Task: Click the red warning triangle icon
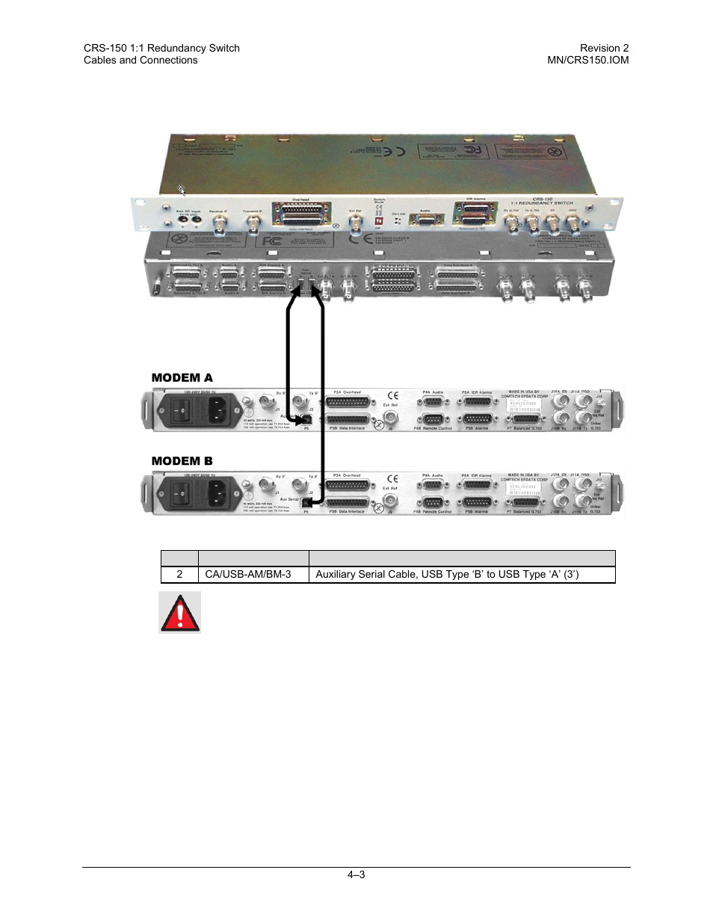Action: [x=179, y=612]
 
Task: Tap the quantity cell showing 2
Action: [x=179, y=574]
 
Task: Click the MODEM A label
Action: [x=182, y=377]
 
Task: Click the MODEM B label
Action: [x=182, y=460]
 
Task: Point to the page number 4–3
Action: [x=356, y=874]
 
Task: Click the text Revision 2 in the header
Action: [x=604, y=48]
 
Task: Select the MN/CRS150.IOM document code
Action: [x=587, y=60]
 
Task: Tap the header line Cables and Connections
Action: [x=141, y=60]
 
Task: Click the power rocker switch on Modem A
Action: [x=182, y=410]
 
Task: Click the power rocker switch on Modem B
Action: [x=182, y=493]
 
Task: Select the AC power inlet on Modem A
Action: [x=217, y=410]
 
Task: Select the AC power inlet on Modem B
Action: [x=217, y=493]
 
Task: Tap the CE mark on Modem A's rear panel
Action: [x=392, y=395]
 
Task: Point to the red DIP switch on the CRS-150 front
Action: [x=378, y=222]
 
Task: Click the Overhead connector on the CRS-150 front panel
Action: [x=300, y=214]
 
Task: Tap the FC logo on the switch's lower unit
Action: [x=269, y=241]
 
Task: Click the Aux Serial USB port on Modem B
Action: [x=306, y=503]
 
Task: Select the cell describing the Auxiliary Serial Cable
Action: [x=447, y=574]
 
